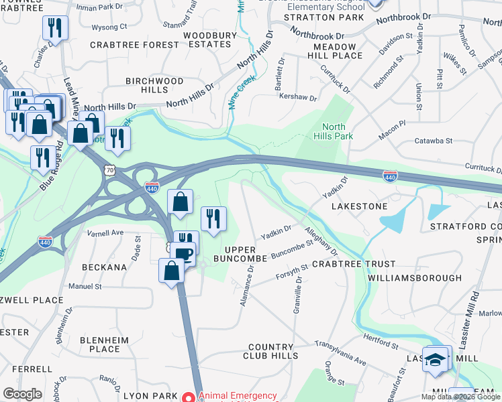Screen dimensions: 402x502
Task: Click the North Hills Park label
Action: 334,131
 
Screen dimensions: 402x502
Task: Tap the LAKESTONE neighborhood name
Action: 360,206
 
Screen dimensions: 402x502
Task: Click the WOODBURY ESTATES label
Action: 210,40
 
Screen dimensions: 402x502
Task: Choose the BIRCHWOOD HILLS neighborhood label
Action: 154,85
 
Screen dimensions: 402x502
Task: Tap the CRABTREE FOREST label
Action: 134,45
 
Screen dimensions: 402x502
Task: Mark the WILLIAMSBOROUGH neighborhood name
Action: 415,277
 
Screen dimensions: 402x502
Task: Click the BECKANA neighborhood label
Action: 104,267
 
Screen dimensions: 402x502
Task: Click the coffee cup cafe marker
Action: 183,254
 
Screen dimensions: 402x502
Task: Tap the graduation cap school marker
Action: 436,359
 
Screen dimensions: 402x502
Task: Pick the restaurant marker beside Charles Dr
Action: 53,28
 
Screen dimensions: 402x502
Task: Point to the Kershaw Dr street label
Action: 298,98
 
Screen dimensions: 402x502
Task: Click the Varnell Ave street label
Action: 106,232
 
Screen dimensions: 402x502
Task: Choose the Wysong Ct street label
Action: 109,27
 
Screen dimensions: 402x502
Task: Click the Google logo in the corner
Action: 22,393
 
